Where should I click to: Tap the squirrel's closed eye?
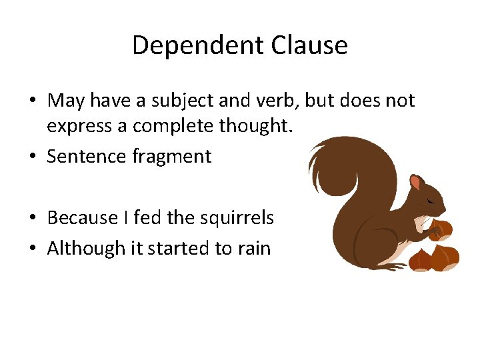pyautogui.click(x=433, y=201)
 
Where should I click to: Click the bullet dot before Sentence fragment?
pyautogui.click(x=32, y=157)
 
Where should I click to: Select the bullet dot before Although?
pyautogui.click(x=32, y=249)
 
